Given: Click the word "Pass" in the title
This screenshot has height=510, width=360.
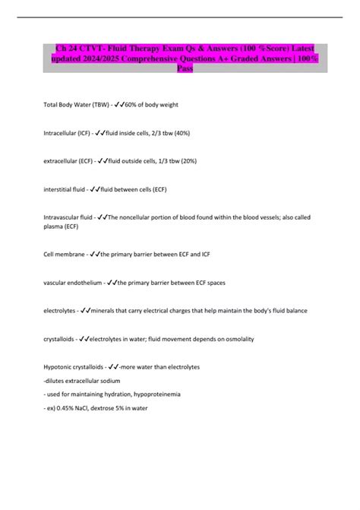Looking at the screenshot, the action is point(185,68).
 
